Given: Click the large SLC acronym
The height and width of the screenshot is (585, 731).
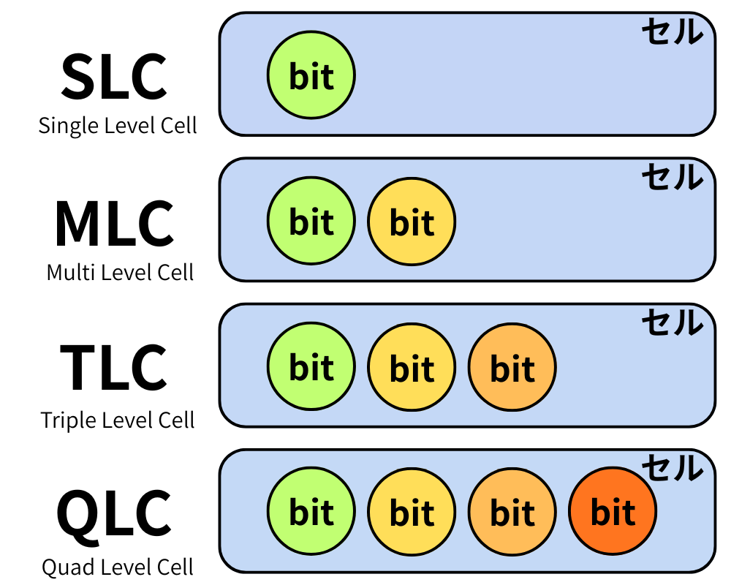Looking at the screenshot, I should tap(115, 77).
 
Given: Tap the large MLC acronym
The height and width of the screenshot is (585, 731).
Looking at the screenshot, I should tap(115, 224).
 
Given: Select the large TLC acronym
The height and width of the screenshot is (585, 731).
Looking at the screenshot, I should tap(115, 367).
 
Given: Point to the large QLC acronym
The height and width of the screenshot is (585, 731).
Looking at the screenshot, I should tap(115, 514).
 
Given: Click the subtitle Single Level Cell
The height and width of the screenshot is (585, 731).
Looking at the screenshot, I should tap(118, 125).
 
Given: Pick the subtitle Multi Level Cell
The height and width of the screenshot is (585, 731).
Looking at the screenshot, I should tap(120, 273).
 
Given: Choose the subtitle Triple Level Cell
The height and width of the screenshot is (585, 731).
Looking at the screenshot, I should tap(118, 420).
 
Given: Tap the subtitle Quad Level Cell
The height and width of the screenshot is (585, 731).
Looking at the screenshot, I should tap(118, 567).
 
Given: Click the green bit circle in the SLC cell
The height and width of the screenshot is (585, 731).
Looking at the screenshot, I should tap(311, 75).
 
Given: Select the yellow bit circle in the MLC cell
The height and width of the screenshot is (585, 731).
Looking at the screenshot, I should tap(412, 221).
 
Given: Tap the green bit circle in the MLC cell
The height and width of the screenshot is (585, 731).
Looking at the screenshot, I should tap(311, 221).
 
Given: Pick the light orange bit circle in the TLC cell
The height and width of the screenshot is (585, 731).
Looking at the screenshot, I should tap(512, 367).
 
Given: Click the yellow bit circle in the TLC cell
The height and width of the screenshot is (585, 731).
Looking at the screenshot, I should tap(412, 367).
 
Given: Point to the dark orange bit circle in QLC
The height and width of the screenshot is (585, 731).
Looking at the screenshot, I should tap(613, 512).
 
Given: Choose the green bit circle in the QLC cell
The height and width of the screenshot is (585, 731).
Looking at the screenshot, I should tap(311, 512).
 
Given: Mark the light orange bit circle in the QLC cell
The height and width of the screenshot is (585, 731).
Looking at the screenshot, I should tap(512, 512).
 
